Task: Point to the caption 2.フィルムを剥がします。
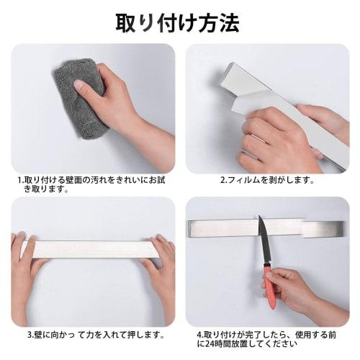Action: [267, 180]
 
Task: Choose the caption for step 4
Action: [267, 339]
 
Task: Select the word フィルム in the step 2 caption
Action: [243, 180]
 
